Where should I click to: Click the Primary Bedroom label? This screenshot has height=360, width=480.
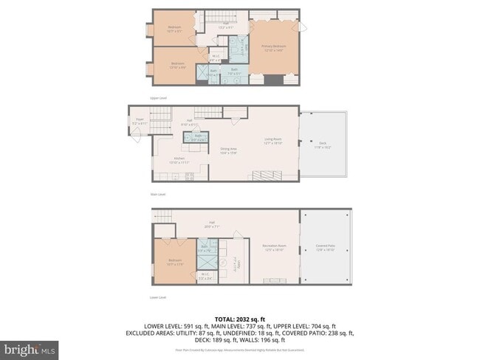(x=273, y=47)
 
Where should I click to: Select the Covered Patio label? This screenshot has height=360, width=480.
(x=325, y=249)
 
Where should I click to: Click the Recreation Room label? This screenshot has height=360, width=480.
(x=274, y=249)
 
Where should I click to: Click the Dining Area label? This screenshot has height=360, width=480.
(x=229, y=151)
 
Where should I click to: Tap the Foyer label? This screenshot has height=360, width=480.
(x=139, y=121)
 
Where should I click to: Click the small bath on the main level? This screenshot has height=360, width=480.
(x=198, y=137)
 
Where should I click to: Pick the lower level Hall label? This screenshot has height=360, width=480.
(x=211, y=226)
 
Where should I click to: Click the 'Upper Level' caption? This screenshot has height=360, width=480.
(x=159, y=97)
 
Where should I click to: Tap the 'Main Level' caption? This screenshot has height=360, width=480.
(x=157, y=195)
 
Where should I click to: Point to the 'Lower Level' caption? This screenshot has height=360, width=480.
(x=158, y=297)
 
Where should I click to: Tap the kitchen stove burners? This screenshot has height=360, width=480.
(x=189, y=176)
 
